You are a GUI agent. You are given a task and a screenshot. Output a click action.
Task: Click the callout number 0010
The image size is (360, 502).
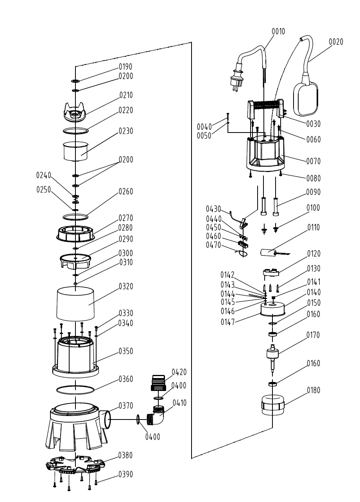click(x=278, y=31)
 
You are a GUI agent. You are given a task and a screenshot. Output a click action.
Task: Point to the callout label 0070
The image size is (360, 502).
click(x=313, y=161)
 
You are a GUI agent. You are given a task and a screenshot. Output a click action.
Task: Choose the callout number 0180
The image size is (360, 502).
click(x=313, y=390)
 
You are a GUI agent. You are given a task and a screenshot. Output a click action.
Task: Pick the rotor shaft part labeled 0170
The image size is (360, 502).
click(x=272, y=356)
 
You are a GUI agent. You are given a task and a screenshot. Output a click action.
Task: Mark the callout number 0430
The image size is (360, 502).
click(x=213, y=209)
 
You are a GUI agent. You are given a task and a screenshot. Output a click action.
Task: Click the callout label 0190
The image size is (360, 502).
click(x=126, y=67)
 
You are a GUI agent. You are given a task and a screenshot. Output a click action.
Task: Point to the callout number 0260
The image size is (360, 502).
click(x=126, y=192)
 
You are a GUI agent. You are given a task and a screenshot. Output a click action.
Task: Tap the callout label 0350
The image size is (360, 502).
click(x=126, y=351)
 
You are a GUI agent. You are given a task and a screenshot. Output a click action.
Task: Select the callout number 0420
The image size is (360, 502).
click(x=179, y=372)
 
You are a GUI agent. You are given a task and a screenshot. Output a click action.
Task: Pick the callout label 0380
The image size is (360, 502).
click(x=126, y=455)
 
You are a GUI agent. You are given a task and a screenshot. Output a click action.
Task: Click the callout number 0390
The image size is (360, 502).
click(x=126, y=475)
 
